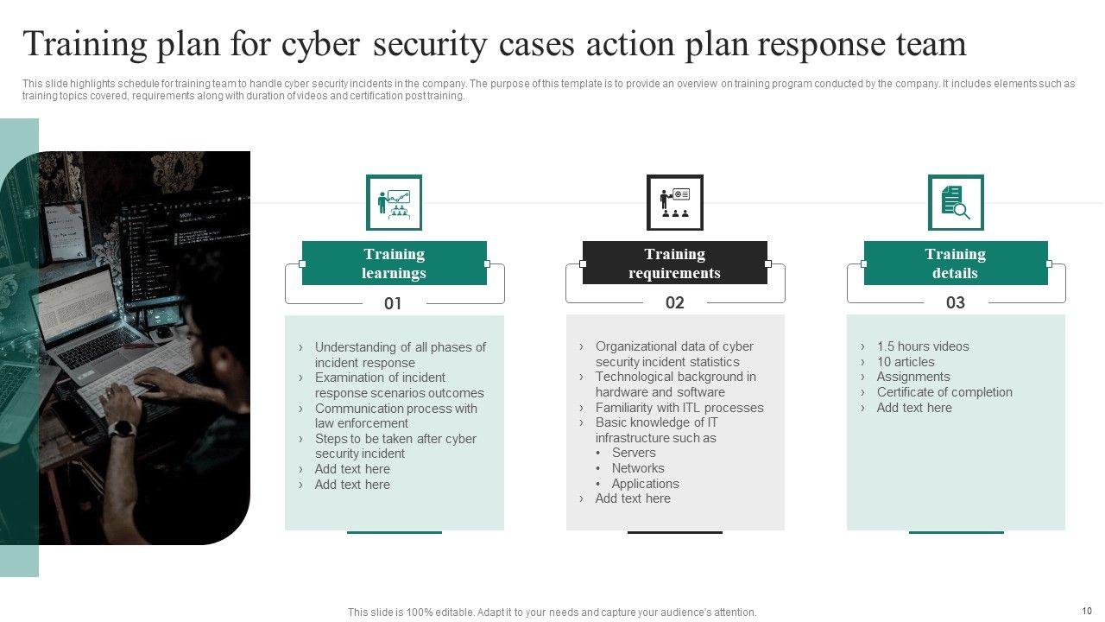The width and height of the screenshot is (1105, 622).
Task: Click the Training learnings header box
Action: coord(394,263)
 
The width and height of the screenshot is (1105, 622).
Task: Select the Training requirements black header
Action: coord(674,263)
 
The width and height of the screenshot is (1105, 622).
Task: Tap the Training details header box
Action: coord(955,263)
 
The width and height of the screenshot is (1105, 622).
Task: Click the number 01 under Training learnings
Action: coord(393,303)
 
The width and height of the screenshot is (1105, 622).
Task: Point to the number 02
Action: coord(674,302)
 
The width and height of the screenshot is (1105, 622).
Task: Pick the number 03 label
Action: coord(955,302)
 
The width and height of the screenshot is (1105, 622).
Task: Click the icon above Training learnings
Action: coord(394,203)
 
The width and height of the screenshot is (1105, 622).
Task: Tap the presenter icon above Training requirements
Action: coord(674,203)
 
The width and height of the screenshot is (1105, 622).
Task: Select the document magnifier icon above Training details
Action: coord(955,203)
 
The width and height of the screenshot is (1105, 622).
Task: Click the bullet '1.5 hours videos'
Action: coord(922,346)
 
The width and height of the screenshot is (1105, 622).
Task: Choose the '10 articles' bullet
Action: coord(905,362)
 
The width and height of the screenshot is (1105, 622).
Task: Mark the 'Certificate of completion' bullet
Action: coord(944,392)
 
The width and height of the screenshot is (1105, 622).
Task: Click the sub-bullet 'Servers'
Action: coord(634,453)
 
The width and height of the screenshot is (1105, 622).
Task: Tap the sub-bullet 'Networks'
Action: coord(638,468)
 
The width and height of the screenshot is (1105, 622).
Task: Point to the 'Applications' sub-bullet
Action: coord(645,484)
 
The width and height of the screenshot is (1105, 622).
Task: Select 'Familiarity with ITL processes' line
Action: coord(679,408)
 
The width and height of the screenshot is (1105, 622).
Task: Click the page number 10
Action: coord(1086,611)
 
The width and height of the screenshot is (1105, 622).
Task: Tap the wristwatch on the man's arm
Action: coord(123,429)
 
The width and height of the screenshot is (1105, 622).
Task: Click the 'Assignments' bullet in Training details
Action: coord(912,377)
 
